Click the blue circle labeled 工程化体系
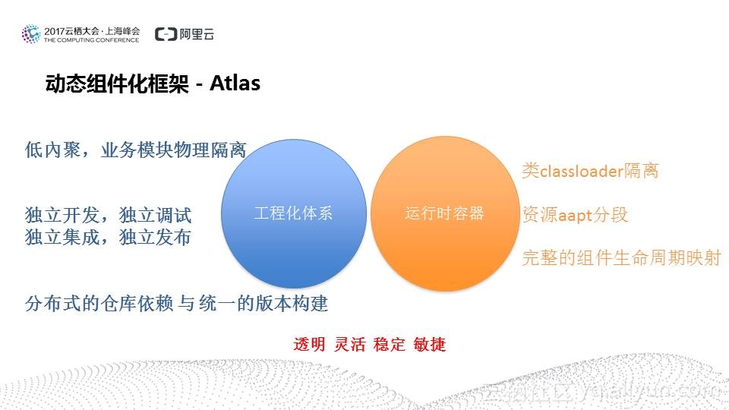(x=293, y=213)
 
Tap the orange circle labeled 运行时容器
(x=444, y=213)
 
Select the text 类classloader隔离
(x=590, y=171)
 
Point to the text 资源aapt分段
(x=575, y=214)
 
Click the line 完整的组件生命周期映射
(x=620, y=258)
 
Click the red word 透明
(x=309, y=344)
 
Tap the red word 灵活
(x=349, y=344)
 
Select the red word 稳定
(x=389, y=344)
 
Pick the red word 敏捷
(x=429, y=344)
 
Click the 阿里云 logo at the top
(x=185, y=34)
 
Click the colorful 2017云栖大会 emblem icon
(x=31, y=34)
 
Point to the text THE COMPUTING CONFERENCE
(x=91, y=40)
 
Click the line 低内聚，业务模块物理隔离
(x=136, y=150)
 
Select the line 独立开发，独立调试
(x=108, y=216)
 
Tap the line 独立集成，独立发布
(x=108, y=237)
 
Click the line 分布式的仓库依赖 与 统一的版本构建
(x=176, y=304)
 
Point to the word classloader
(x=581, y=171)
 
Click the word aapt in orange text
(x=575, y=215)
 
